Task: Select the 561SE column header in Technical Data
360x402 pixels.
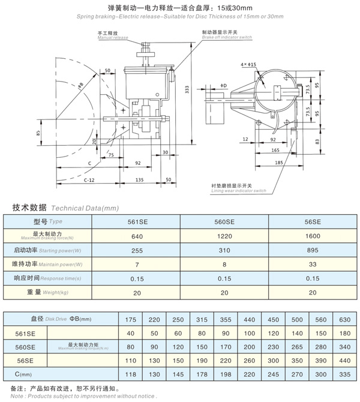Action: (x=138, y=222)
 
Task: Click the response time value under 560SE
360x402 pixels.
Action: (x=224, y=278)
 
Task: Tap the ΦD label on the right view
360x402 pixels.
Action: (x=223, y=86)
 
